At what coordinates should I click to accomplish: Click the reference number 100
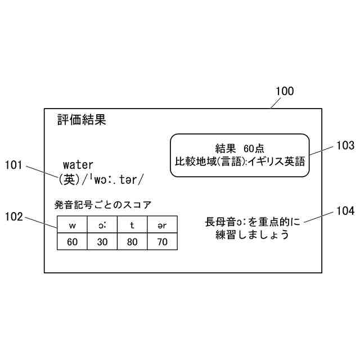pyautogui.click(x=284, y=91)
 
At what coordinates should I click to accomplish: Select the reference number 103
pyautogui.click(x=345, y=146)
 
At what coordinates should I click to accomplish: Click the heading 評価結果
pyautogui.click(x=82, y=119)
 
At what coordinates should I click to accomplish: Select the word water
pyautogui.click(x=78, y=165)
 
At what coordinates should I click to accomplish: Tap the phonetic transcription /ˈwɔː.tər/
pyautogui.click(x=113, y=179)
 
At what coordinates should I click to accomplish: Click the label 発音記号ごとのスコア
pyautogui.click(x=103, y=204)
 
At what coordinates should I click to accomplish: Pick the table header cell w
pyautogui.click(x=72, y=226)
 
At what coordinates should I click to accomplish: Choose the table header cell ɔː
pyautogui.click(x=102, y=226)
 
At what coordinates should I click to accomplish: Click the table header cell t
pyautogui.click(x=132, y=226)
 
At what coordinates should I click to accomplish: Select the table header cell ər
pyautogui.click(x=162, y=226)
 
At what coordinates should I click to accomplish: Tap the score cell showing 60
pyautogui.click(x=72, y=242)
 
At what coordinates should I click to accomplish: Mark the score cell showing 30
pyautogui.click(x=102, y=242)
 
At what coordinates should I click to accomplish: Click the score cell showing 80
pyautogui.click(x=132, y=242)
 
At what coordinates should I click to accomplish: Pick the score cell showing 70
pyautogui.click(x=162, y=242)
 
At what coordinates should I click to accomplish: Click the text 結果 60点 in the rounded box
pyautogui.click(x=240, y=148)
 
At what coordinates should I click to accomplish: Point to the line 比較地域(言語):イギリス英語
pyautogui.click(x=240, y=162)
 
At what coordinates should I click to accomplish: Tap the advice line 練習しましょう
pyautogui.click(x=253, y=235)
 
